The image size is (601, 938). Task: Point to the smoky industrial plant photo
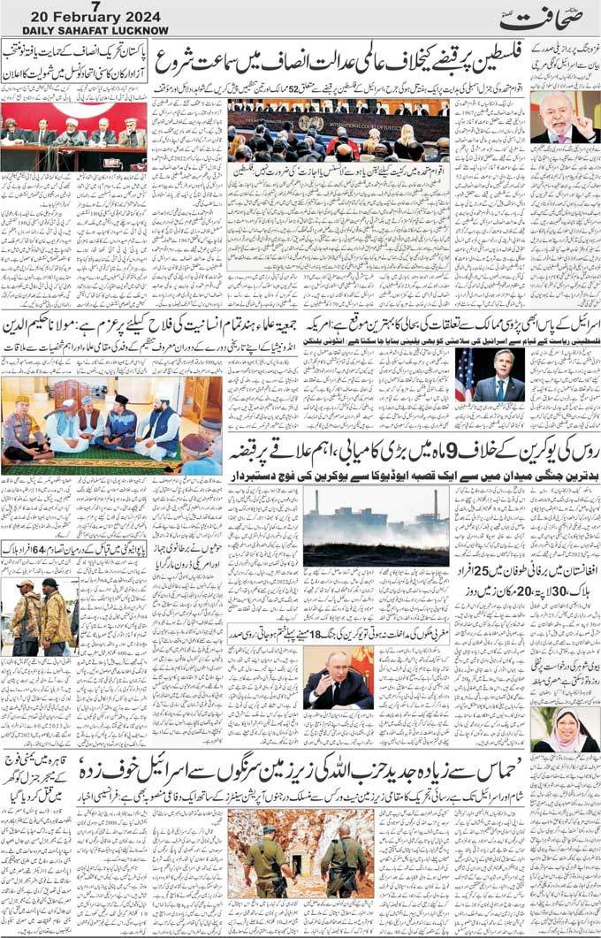click(x=376, y=527)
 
